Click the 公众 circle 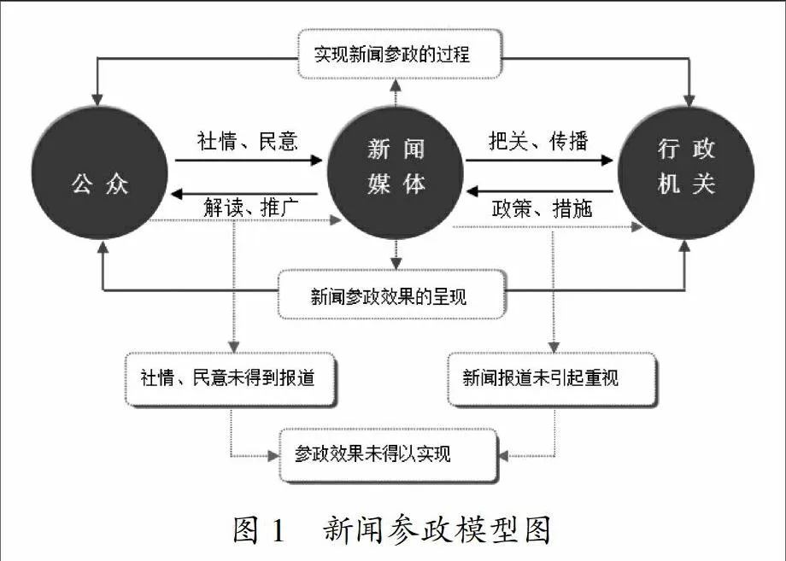(x=100, y=172)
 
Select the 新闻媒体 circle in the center (x=396, y=172)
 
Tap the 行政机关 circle (x=686, y=172)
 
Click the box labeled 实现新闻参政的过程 (x=400, y=54)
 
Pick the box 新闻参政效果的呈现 (x=391, y=295)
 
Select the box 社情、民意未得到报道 (x=230, y=378)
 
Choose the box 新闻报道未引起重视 (x=551, y=378)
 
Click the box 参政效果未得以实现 (x=389, y=455)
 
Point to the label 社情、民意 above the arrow (x=248, y=141)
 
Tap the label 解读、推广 (x=251, y=207)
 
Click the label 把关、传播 (x=538, y=141)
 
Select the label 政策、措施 (x=542, y=208)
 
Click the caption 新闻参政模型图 (x=437, y=529)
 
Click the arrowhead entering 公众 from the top (x=97, y=99)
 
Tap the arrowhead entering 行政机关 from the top (x=689, y=99)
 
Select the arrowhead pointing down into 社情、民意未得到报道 (x=233, y=347)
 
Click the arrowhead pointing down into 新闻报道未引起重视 (x=554, y=347)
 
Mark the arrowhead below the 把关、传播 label (x=607, y=161)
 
